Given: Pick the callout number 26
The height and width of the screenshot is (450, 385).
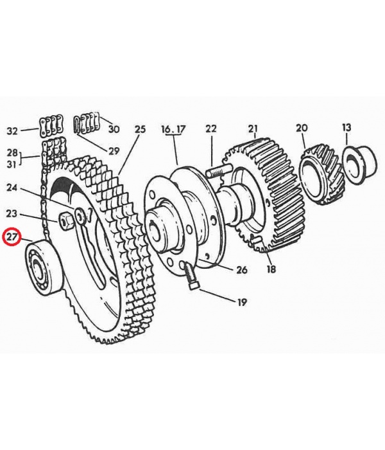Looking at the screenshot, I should click(241, 270).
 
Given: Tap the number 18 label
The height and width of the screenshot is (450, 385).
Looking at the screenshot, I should click(271, 269).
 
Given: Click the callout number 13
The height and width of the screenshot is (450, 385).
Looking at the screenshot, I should click(346, 127).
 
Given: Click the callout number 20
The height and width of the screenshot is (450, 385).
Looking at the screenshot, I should click(302, 128).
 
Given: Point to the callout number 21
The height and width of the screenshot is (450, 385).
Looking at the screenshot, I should click(253, 128).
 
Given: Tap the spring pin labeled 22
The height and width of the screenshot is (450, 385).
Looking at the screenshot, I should click(218, 170).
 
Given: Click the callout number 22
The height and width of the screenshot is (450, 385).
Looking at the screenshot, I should click(211, 129).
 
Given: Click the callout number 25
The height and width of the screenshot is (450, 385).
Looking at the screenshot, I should click(140, 129).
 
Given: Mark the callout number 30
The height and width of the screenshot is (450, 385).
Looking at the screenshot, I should click(114, 129).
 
